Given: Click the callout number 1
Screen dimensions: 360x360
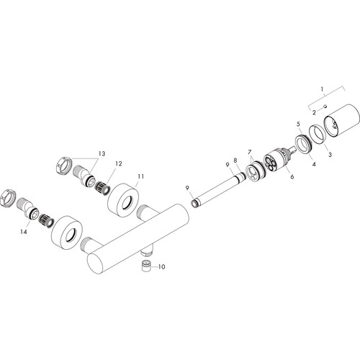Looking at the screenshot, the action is pos(322,89).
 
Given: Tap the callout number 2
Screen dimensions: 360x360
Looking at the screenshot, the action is pos(314,112).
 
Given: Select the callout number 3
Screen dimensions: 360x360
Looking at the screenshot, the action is pos(330,155).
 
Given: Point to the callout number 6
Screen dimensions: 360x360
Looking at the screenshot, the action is pos(292,176).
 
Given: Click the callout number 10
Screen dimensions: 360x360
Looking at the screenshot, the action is pos(161,266).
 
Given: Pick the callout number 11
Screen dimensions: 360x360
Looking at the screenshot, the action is pos(140,176).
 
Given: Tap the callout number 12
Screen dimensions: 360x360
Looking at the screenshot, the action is pos(119,163).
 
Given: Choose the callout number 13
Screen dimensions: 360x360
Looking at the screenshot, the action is pos(102,153).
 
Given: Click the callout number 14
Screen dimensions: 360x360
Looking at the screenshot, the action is pos(24,232).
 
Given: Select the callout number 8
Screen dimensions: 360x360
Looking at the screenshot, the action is pos(235,160).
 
